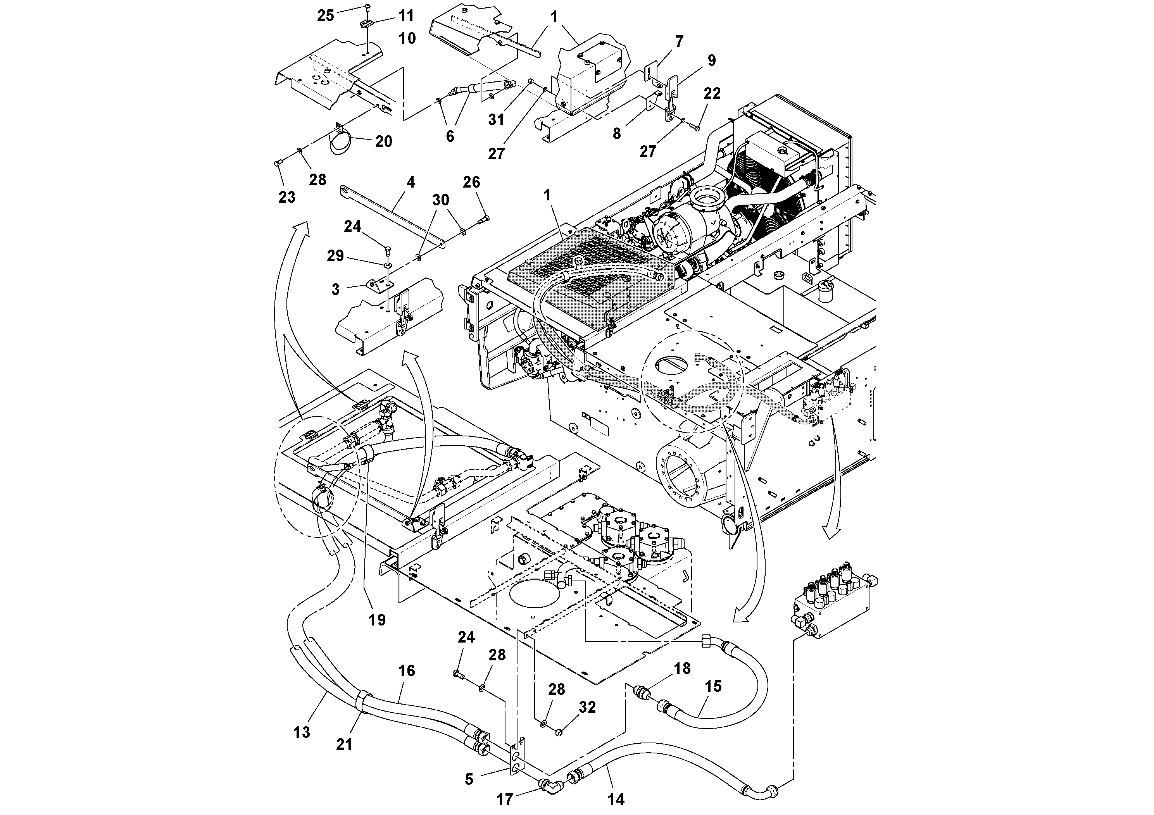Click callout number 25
tap(325, 16)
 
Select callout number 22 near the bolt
tap(712, 93)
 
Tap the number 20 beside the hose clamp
tap(383, 142)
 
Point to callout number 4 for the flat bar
tap(411, 183)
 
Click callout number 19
tap(377, 620)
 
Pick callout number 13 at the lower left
tap(302, 732)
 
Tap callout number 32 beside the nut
tap(587, 708)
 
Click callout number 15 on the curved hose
tap(713, 686)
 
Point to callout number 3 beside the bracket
tap(335, 289)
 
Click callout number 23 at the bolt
tap(286, 198)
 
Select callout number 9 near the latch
tap(711, 60)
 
